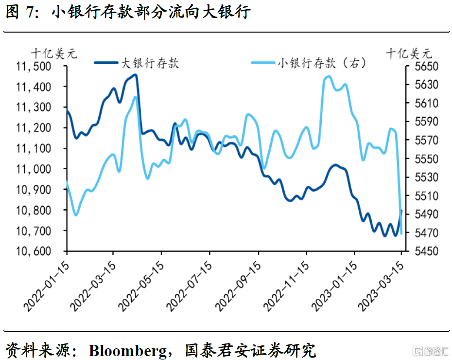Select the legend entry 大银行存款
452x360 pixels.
point(150,63)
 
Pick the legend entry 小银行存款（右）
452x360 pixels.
point(321,63)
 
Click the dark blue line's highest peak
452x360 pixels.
point(136,74)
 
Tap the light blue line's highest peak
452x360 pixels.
point(329,76)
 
